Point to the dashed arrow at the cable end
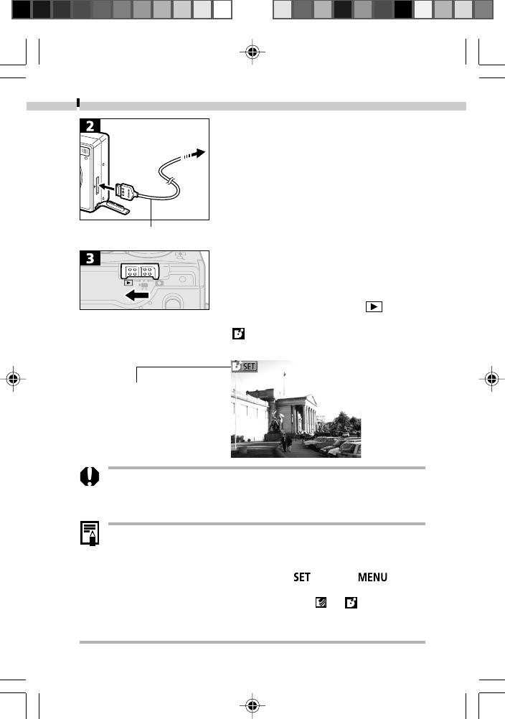[194, 153]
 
